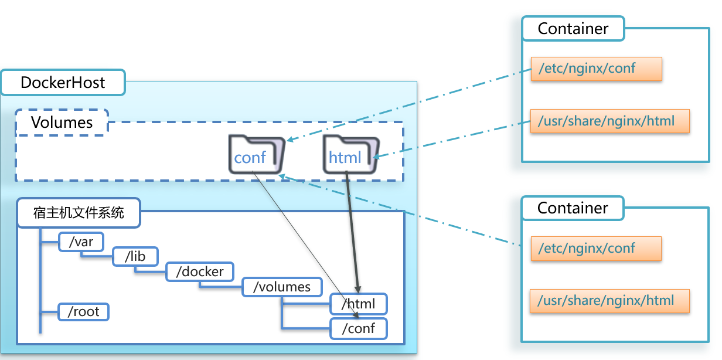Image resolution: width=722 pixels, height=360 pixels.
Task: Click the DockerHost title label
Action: (x=63, y=82)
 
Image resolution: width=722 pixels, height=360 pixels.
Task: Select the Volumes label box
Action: (x=62, y=123)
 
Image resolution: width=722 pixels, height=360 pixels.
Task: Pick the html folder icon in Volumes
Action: (x=350, y=154)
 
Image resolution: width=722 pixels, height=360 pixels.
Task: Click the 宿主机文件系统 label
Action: (x=79, y=212)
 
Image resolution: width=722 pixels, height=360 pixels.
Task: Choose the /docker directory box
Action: (x=200, y=271)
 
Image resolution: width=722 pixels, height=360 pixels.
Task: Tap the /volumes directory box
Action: (x=282, y=287)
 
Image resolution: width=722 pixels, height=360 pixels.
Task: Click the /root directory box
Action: (x=84, y=311)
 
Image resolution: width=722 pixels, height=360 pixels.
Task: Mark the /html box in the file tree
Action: (x=359, y=304)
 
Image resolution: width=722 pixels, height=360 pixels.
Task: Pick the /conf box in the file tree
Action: (x=359, y=328)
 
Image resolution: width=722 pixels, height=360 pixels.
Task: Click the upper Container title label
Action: (x=573, y=29)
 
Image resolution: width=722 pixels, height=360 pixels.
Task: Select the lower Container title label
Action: (x=573, y=208)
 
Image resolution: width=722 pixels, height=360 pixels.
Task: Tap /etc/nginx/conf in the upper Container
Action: (x=596, y=69)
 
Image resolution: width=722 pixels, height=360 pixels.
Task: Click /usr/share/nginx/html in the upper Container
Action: (x=609, y=121)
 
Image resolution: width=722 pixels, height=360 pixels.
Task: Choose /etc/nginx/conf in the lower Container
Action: (x=595, y=249)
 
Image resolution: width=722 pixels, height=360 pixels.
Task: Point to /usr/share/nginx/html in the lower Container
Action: (x=609, y=301)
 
